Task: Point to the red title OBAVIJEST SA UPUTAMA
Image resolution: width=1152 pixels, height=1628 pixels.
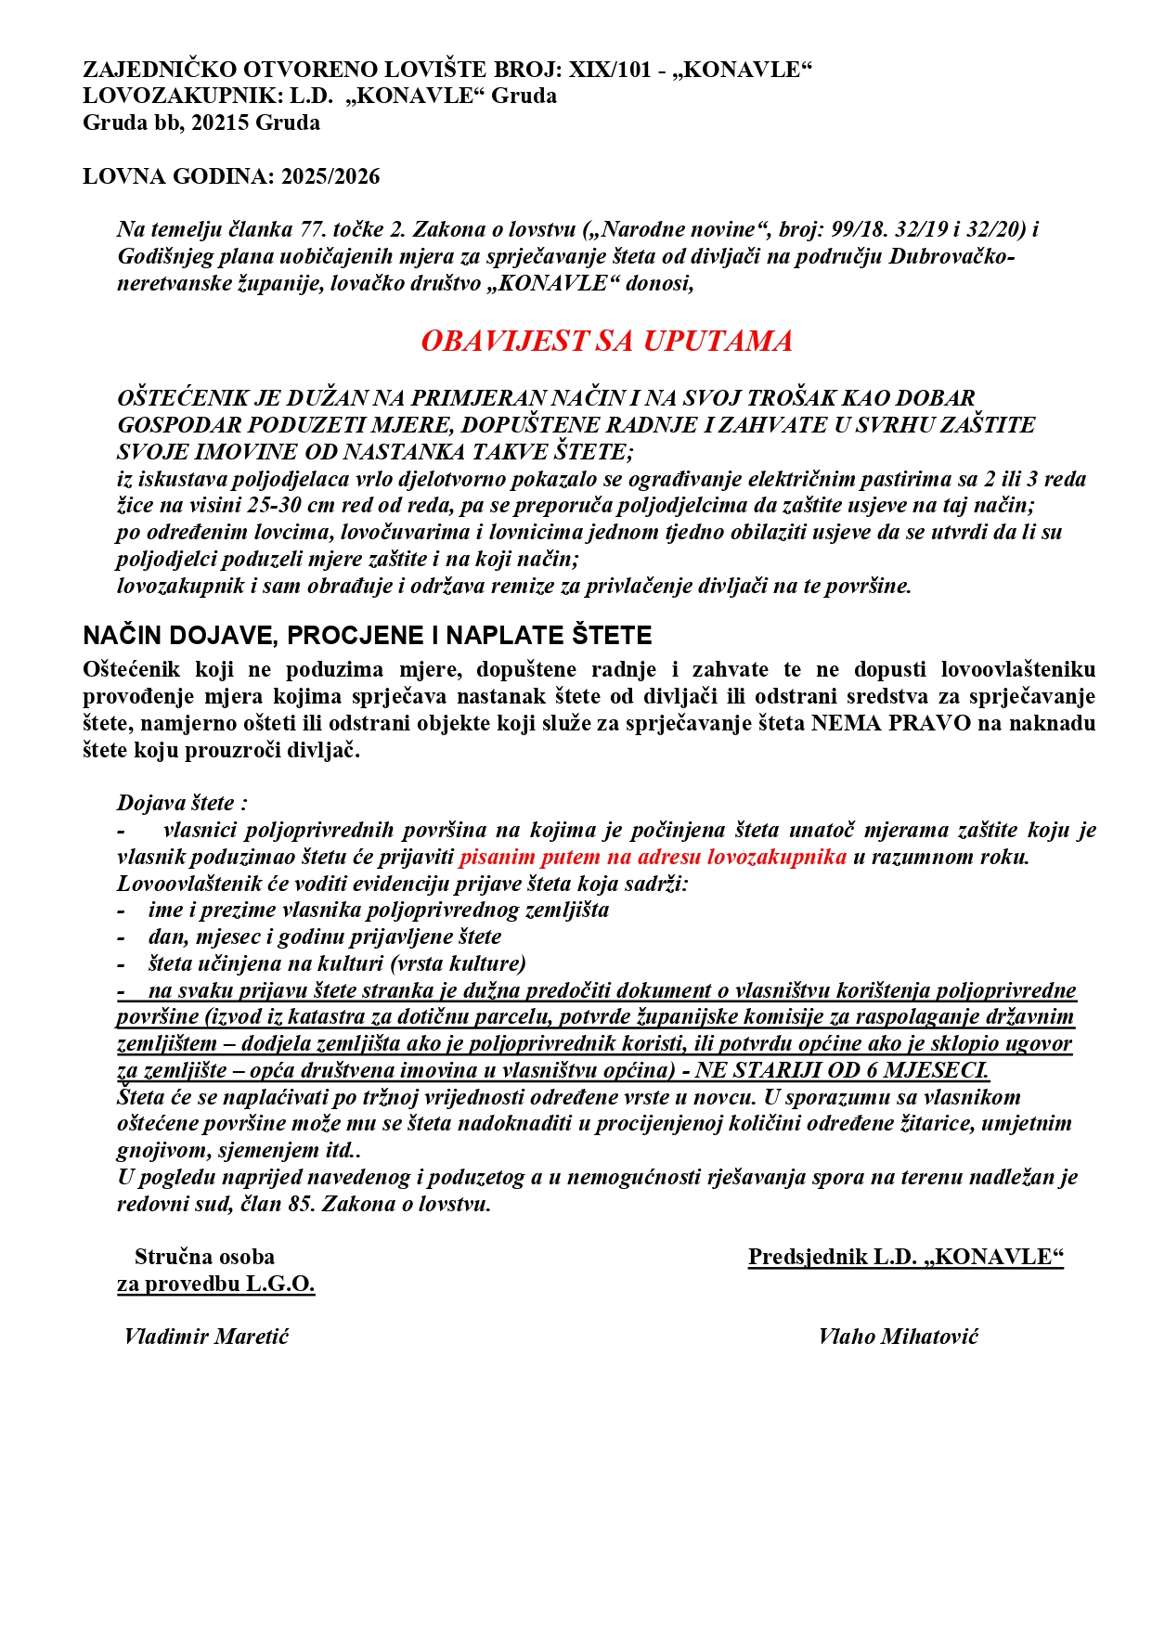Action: pyautogui.click(x=606, y=341)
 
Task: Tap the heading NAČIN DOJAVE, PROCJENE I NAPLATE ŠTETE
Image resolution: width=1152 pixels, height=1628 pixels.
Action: pyautogui.click(x=368, y=636)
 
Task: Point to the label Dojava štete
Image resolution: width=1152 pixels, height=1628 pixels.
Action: pyautogui.click(x=182, y=803)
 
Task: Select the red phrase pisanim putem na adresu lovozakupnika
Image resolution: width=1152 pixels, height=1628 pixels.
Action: pyautogui.click(x=653, y=857)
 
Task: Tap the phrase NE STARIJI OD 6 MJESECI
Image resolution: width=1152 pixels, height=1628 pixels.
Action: pyautogui.click(x=842, y=1070)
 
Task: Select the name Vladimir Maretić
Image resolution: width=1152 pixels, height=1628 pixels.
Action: pyautogui.click(x=206, y=1337)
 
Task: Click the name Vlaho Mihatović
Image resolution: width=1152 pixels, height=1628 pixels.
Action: pyautogui.click(x=898, y=1337)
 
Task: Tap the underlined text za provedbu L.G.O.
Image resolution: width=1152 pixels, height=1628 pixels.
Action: pyautogui.click(x=215, y=1284)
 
